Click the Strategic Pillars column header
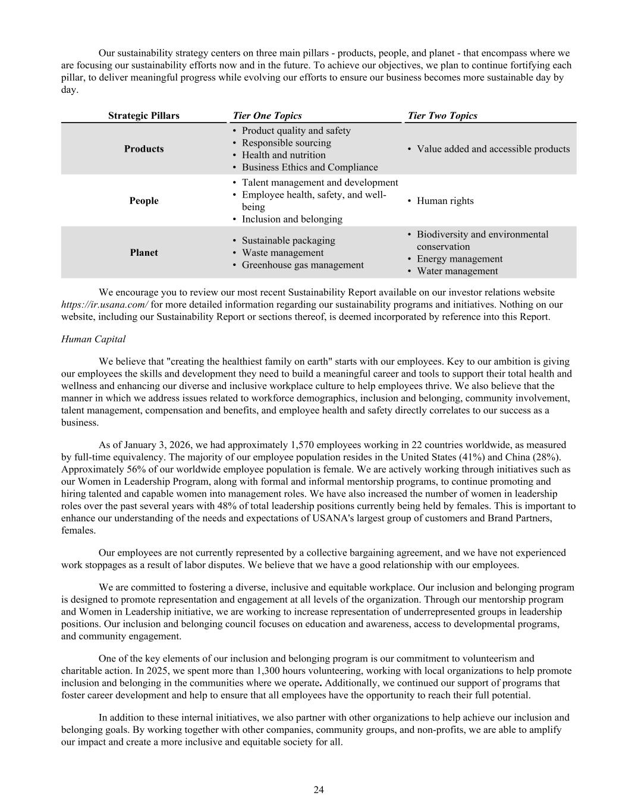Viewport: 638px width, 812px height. point(143,115)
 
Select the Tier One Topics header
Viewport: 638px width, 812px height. point(267,115)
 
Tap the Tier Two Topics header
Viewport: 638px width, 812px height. point(442,115)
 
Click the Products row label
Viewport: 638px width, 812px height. point(143,149)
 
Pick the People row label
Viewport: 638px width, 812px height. point(144,200)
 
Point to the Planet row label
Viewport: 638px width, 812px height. point(144,252)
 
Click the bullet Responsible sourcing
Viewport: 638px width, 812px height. point(286,143)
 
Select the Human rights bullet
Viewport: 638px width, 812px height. point(445,200)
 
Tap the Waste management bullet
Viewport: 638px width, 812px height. point(282,252)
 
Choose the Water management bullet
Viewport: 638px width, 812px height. point(457,271)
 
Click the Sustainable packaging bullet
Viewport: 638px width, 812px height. point(288,240)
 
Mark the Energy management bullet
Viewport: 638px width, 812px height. point(459,259)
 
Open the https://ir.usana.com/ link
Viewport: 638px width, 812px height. point(105,305)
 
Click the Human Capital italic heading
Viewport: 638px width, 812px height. point(93,339)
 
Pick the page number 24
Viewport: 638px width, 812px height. point(319,790)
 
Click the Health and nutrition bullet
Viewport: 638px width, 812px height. point(283,155)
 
